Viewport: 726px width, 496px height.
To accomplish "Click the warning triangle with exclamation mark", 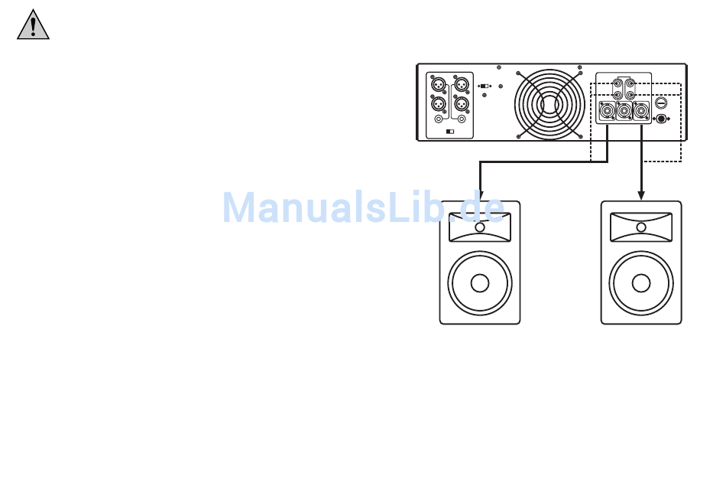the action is click(33, 25).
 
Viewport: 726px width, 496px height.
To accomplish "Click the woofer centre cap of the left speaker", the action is click(480, 283).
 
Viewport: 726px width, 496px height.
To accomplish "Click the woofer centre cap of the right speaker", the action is click(641, 283).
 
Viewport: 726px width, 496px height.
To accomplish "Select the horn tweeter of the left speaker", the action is click(480, 227).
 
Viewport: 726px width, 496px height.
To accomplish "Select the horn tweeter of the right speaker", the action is click(641, 227).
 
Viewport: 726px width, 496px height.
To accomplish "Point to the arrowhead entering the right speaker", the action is click(641, 195).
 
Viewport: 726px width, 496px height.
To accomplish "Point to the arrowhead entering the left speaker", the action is click(480, 195).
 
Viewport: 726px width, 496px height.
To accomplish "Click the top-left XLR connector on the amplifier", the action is click(439, 83).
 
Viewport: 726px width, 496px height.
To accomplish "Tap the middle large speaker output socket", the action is click(624, 112).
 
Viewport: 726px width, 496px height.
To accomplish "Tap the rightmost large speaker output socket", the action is click(641, 112).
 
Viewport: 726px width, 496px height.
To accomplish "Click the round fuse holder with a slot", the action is click(662, 102).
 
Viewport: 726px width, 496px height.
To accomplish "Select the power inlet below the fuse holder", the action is click(662, 119).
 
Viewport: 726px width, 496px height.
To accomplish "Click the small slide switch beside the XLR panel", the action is click(485, 86).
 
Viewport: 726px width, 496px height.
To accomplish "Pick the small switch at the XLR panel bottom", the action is click(449, 132).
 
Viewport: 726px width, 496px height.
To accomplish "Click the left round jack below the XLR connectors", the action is click(439, 119).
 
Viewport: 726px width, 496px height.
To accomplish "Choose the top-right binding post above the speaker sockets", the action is click(630, 83).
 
